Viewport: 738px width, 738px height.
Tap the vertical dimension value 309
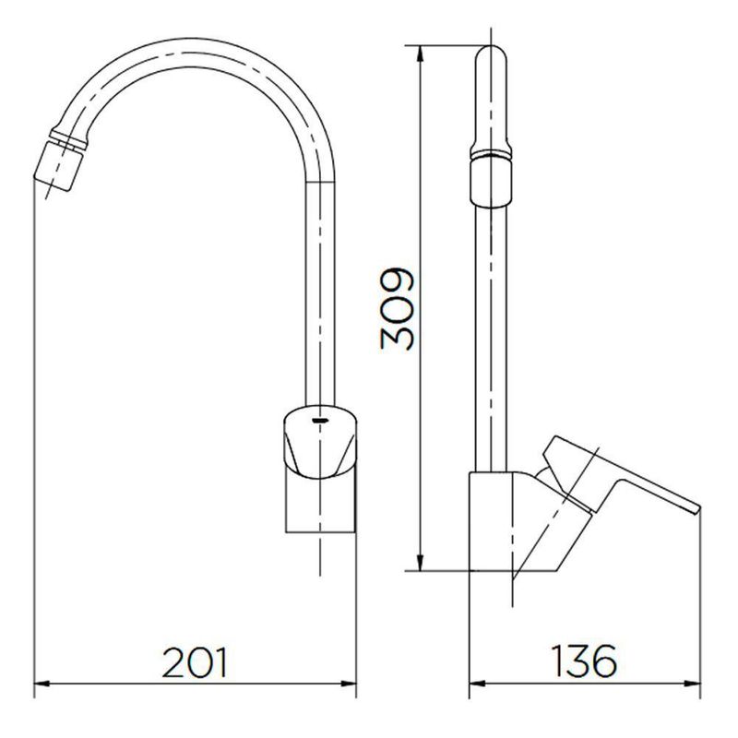coord(398,309)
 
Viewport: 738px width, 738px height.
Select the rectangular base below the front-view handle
coord(320,504)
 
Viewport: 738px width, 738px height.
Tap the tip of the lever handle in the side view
coord(697,508)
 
